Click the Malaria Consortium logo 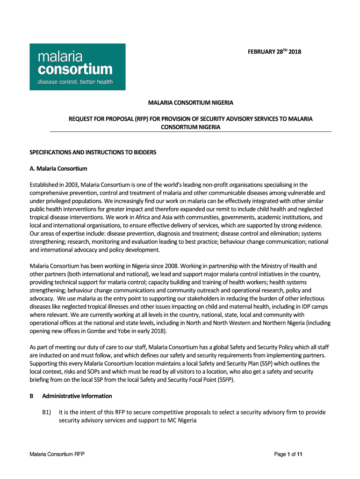[78, 67]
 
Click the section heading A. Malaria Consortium [58, 168]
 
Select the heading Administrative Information [77, 396]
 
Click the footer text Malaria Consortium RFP [57, 454]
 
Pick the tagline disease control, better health [75, 82]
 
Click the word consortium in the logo [75, 70]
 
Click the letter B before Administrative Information [32, 396]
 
